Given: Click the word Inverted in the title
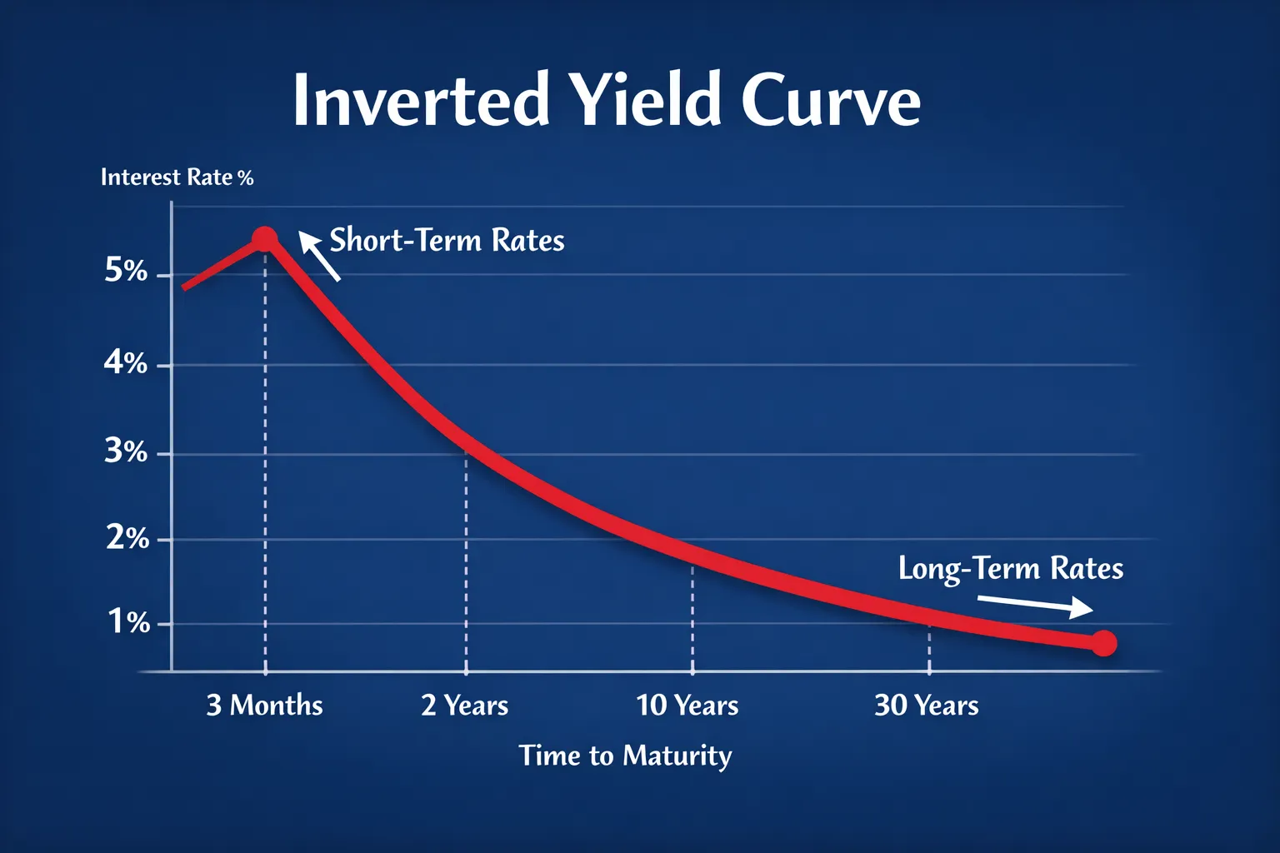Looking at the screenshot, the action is [421, 100].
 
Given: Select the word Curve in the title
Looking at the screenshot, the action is [832, 99].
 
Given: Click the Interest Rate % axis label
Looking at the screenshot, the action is [177, 177].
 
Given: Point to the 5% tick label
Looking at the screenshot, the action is [126, 270].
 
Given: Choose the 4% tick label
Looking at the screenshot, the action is [126, 362].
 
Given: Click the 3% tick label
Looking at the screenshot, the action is [126, 451].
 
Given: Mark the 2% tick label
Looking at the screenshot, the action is [127, 538].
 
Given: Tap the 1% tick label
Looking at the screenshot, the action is [129, 622].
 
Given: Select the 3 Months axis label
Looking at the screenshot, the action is [264, 705].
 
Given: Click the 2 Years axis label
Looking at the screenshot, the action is [464, 705].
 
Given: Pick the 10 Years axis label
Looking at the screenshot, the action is [687, 705].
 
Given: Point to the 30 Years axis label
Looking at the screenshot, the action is [927, 705].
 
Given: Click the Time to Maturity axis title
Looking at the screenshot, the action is [625, 756].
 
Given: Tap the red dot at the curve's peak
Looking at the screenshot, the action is [264, 239].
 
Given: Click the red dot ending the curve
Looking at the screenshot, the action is [1104, 643].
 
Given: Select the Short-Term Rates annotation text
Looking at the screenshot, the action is [447, 240].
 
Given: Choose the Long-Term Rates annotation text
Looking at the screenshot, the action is [1011, 568].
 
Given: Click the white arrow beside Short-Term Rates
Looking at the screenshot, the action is [319, 256].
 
